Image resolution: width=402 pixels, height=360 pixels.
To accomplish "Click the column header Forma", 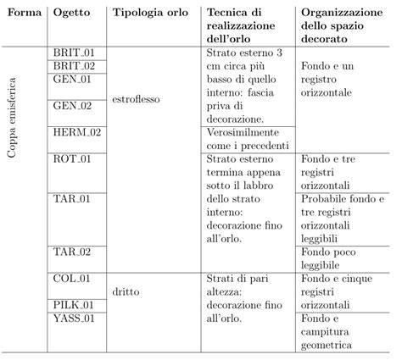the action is coord(25,14).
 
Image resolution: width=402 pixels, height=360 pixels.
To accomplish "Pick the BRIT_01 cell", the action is coord(72,53).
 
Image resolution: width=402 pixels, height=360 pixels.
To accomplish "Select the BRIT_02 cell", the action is coord(72,66).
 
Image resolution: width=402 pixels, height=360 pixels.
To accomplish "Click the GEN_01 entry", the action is coord(71,80).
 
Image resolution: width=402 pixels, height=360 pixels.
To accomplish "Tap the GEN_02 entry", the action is coord(71,106).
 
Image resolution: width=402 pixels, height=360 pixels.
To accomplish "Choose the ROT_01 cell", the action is coord(72,158).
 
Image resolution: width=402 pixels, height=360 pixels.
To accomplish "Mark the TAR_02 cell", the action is coord(71,251).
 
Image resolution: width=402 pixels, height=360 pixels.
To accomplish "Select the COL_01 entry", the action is coord(71,277).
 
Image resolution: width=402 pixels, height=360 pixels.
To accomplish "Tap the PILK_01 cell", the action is coord(73,303).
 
